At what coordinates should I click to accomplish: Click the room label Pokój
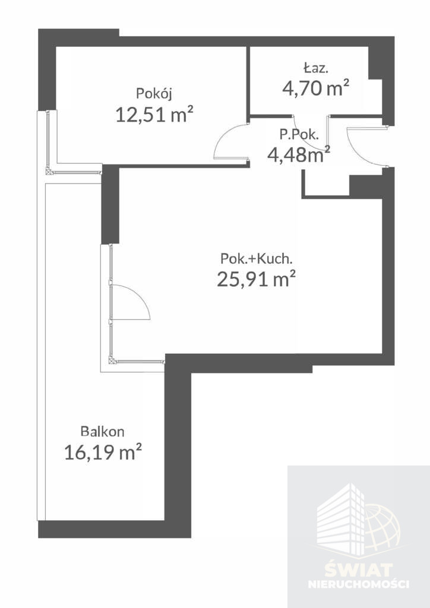pos(154,94)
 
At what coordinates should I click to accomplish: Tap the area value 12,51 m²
pos(154,115)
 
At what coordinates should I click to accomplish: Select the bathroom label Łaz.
pos(315,69)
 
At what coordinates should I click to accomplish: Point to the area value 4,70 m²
pos(315,88)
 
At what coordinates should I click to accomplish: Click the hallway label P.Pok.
pos(299,135)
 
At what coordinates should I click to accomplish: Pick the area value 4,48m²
pos(299,155)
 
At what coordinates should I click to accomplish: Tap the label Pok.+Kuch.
pos(255,259)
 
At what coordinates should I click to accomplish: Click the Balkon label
pos(102,431)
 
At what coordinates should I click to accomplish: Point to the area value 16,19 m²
pos(103,452)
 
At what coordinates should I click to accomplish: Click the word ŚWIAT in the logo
pos(358,571)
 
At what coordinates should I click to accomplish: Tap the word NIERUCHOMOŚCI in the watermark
pos(358,584)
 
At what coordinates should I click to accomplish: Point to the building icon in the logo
pos(341,517)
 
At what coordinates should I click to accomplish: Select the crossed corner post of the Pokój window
pos(49,170)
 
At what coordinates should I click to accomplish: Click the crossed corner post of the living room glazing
pos(112,361)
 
